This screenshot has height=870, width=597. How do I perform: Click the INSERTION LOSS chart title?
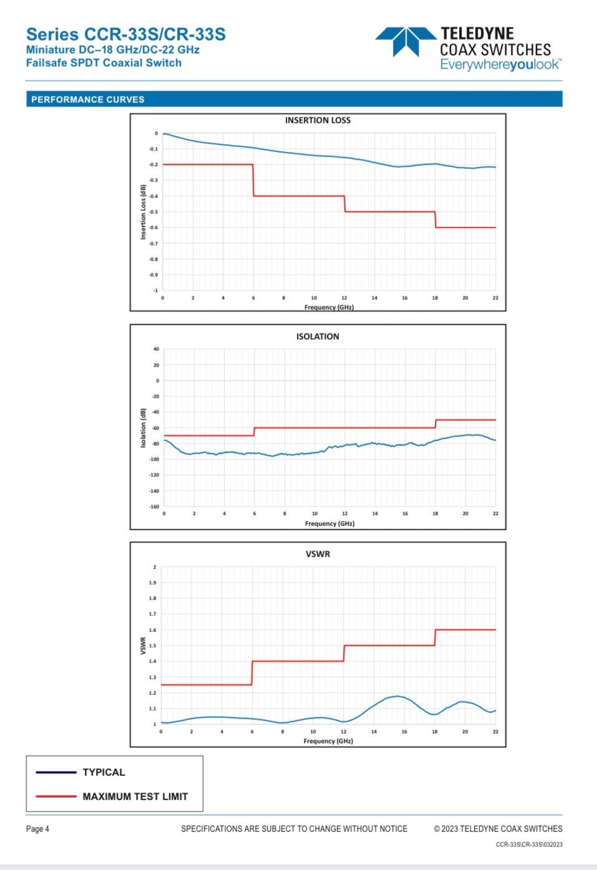click(318, 120)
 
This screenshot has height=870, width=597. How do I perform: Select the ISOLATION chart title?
click(318, 337)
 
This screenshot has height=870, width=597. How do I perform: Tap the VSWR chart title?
click(318, 554)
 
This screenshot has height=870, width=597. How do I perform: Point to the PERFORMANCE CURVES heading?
click(88, 100)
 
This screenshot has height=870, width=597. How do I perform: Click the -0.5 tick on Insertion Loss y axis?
click(153, 212)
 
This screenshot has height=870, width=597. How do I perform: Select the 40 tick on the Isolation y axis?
click(156, 349)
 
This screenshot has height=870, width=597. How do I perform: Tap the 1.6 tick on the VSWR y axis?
click(153, 630)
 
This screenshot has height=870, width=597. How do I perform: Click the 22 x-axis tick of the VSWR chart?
click(495, 732)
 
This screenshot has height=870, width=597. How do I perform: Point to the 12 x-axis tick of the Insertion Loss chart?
click(344, 298)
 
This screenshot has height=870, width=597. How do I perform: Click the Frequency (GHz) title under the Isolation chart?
click(329, 523)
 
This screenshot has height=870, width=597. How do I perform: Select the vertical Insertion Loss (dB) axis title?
click(143, 212)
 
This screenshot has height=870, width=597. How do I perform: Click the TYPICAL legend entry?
click(104, 772)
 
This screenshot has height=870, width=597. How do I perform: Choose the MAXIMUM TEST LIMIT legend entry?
click(135, 796)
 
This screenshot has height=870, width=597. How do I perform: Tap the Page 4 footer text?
click(37, 829)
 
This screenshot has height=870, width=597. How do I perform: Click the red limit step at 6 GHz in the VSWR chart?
click(252, 673)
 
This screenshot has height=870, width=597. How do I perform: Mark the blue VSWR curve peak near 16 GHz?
click(397, 696)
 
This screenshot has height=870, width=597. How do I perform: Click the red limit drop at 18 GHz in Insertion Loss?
click(435, 219)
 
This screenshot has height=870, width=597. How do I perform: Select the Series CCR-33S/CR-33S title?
click(125, 34)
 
